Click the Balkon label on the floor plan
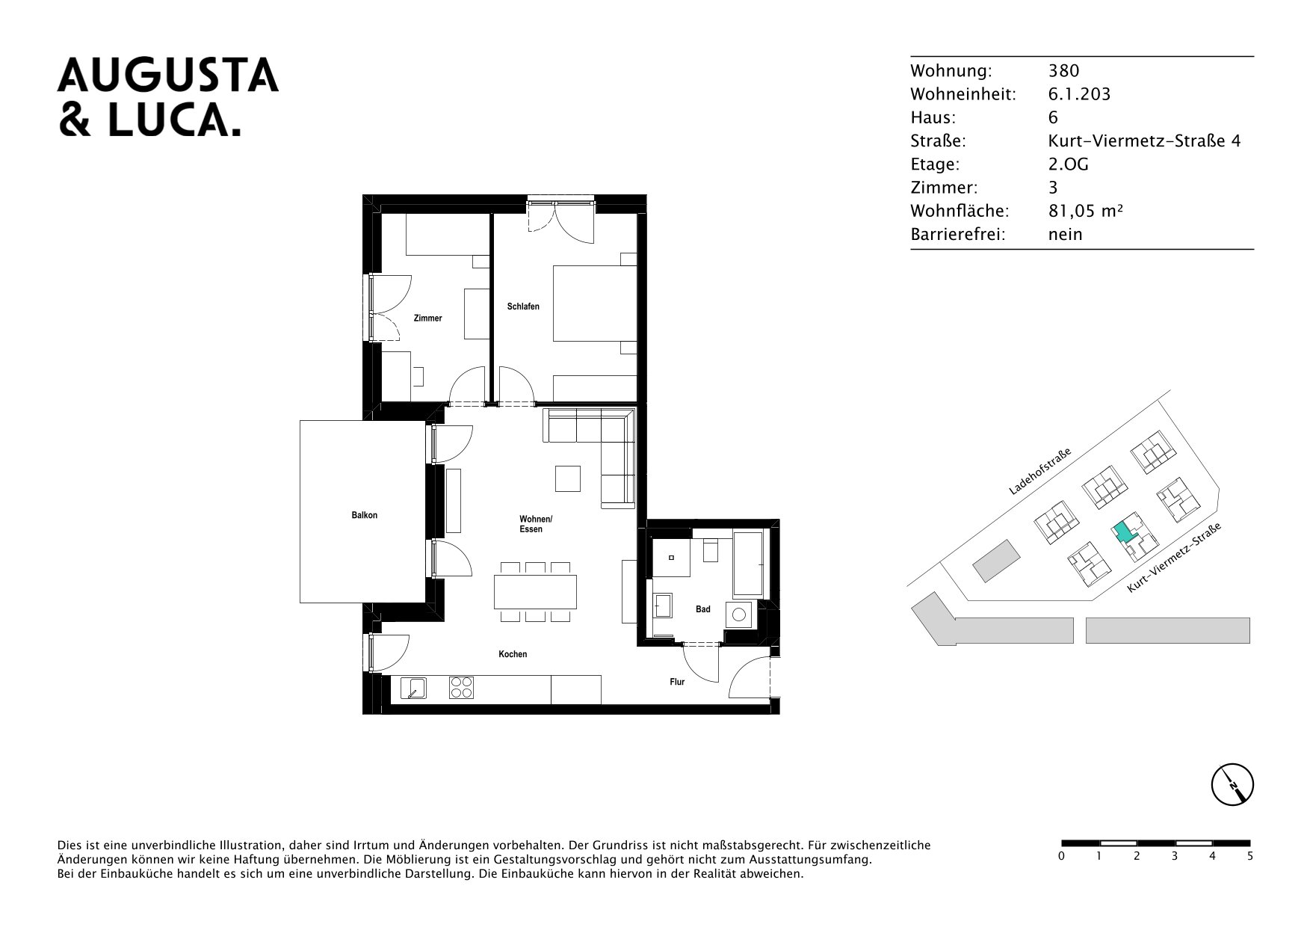click(365, 515)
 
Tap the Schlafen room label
click(523, 307)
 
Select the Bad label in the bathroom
click(703, 609)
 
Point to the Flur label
click(677, 682)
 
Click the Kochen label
click(513, 654)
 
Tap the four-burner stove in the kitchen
click(462, 687)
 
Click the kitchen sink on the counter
click(413, 688)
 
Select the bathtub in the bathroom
click(747, 564)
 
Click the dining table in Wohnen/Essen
click(535, 591)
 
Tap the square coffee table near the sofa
click(568, 478)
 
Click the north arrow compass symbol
click(1232, 786)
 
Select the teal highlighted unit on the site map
click(1122, 532)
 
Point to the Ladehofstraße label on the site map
click(1040, 472)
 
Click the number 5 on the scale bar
click(1250, 857)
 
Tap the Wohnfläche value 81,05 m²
click(1086, 211)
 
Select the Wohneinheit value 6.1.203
click(1080, 94)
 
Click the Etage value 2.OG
click(1069, 164)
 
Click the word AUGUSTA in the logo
click(168, 76)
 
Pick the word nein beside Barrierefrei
click(1066, 235)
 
